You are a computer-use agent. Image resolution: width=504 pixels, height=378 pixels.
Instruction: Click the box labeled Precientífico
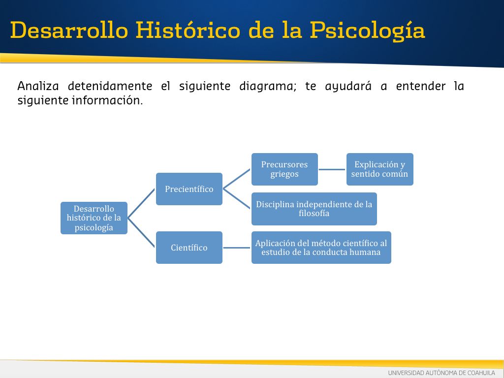tap(189, 189)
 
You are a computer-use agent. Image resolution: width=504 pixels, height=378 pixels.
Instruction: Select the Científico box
tap(189, 248)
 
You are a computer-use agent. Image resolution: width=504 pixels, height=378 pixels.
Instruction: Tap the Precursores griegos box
tap(284, 169)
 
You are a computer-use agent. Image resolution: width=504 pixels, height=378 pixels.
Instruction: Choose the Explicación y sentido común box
tap(379, 169)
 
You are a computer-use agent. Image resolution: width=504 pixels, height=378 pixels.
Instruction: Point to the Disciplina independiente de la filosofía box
tap(314, 209)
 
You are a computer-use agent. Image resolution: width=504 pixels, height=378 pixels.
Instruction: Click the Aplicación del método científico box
tap(321, 248)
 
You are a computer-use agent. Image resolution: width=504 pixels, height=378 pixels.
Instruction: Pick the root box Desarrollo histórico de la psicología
tap(94, 218)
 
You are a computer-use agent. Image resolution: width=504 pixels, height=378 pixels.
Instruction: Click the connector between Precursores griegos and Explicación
tap(332, 169)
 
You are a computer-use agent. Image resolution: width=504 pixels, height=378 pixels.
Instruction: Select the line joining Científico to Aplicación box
tap(237, 248)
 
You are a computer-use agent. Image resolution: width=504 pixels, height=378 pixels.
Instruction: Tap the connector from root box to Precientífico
tap(141, 203)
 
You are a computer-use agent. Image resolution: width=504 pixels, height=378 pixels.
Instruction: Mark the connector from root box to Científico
tap(141, 233)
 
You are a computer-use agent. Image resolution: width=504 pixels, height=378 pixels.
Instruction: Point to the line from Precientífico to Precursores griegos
tap(237, 179)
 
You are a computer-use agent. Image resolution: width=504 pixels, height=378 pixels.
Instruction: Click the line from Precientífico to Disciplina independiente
tap(237, 199)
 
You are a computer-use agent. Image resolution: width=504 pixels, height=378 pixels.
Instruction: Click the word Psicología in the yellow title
tap(367, 31)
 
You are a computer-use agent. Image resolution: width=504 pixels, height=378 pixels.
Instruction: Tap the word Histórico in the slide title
tap(188, 30)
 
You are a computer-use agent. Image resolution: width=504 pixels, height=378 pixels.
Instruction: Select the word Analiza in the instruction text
tap(38, 86)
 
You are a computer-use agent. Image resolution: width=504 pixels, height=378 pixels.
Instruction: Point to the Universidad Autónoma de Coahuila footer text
tap(441, 373)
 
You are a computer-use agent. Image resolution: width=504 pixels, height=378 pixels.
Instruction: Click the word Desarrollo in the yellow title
tap(69, 30)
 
